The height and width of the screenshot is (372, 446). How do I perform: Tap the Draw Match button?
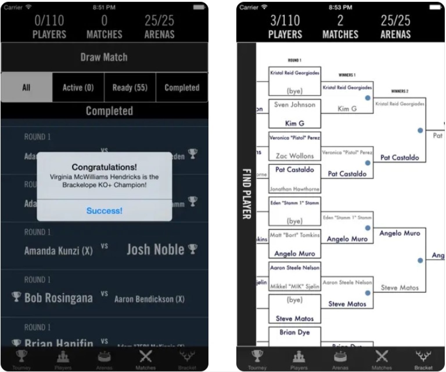click(x=104, y=57)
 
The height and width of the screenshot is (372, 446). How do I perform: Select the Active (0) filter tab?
click(x=78, y=87)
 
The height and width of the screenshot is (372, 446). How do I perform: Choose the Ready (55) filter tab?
click(x=130, y=87)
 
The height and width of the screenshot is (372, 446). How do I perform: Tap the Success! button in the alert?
click(x=104, y=211)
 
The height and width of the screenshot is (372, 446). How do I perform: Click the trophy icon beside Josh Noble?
click(x=193, y=249)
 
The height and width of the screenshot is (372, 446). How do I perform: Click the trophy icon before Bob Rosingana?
click(x=16, y=297)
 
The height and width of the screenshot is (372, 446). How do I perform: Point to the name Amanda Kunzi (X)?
click(x=58, y=251)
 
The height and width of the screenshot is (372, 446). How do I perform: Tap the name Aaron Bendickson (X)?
click(x=149, y=299)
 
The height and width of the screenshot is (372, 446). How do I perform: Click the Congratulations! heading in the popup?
click(x=104, y=167)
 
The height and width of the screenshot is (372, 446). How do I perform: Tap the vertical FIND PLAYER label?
click(x=247, y=194)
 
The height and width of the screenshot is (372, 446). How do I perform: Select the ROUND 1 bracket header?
click(x=294, y=60)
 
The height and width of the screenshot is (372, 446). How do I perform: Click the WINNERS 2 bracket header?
click(x=400, y=91)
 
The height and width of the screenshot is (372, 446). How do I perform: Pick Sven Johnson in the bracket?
click(x=294, y=105)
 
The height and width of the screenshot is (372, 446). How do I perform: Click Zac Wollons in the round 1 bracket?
click(x=295, y=156)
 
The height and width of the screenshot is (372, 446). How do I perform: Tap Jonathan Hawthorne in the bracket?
click(x=294, y=189)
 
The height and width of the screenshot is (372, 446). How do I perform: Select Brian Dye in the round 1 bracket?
click(x=294, y=332)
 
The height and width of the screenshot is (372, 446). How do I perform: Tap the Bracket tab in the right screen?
click(x=423, y=360)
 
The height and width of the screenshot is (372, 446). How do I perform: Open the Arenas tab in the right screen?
click(x=340, y=360)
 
